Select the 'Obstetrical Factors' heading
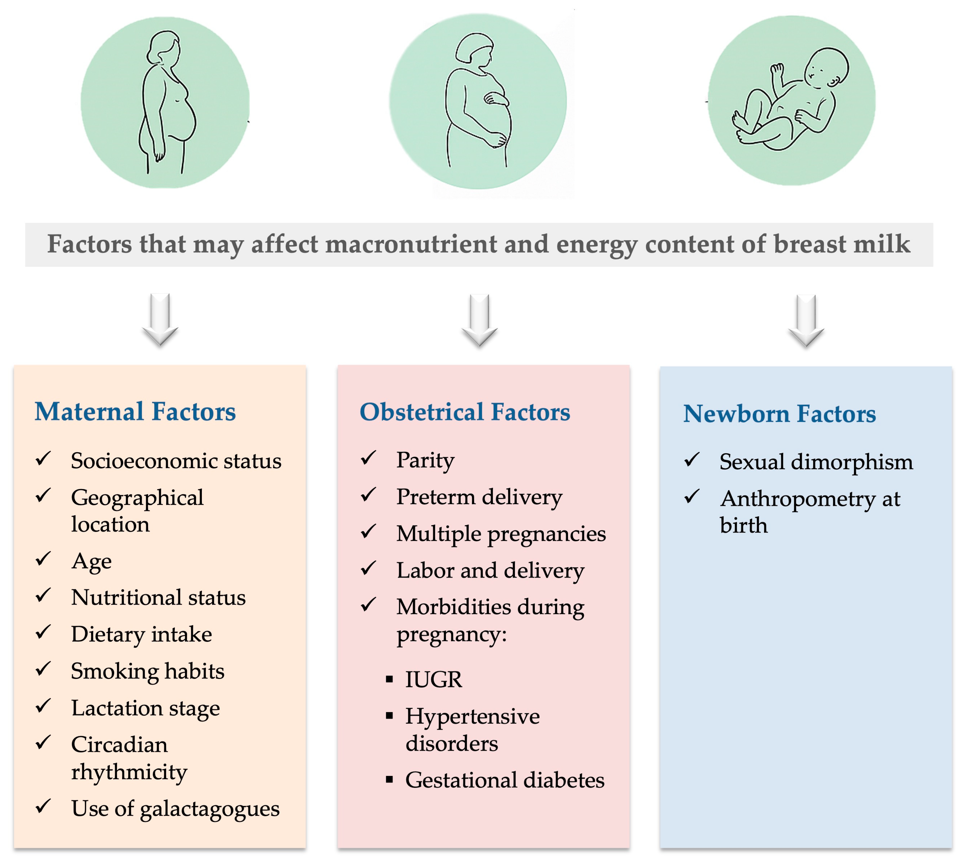pos(465,412)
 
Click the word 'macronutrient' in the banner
pos(412,244)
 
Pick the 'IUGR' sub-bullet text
pos(433,680)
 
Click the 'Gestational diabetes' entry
pos(505,780)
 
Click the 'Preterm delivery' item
pos(479,497)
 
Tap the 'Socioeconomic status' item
pos(176,461)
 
